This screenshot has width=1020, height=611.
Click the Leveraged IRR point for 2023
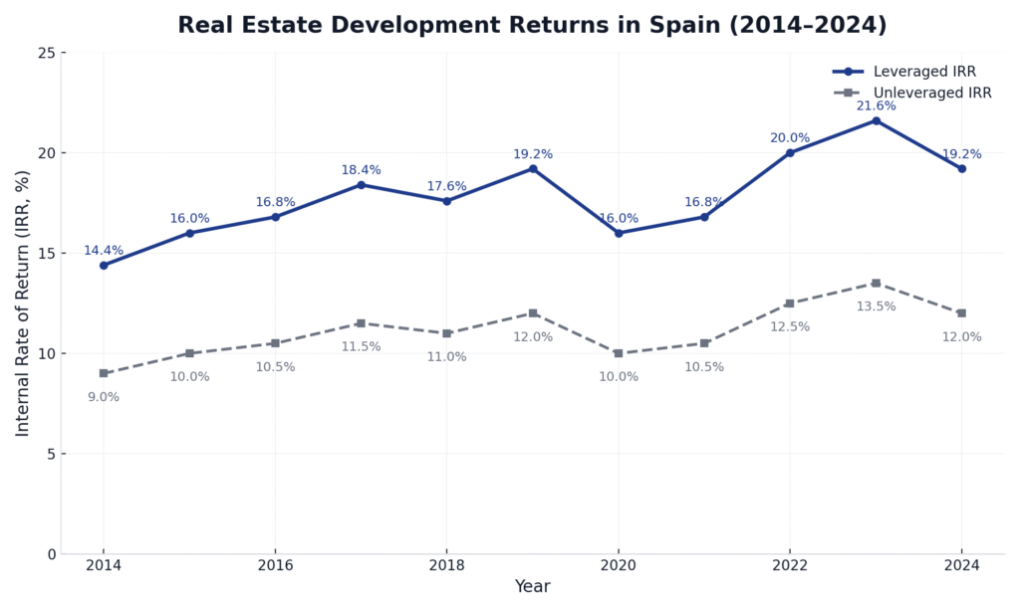point(876,120)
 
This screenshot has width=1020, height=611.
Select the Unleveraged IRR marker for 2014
point(104,373)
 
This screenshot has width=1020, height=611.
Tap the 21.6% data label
point(876,106)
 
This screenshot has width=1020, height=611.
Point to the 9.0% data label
point(104,397)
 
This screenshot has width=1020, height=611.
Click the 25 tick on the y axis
point(47,53)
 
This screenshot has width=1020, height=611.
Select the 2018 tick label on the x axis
point(446,565)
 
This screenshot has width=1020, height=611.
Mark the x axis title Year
point(532,587)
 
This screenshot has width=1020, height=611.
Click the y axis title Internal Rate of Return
point(23,303)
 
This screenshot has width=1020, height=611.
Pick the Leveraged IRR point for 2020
point(619,233)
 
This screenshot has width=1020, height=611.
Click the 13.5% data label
point(876,306)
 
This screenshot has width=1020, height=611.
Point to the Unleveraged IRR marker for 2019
point(533,313)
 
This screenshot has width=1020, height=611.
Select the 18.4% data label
point(361,170)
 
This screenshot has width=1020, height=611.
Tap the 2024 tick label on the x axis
point(961,565)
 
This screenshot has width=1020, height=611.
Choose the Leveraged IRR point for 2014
point(104,265)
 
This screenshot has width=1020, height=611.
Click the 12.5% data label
point(790,327)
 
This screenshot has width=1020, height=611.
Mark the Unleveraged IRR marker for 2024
point(961,313)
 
